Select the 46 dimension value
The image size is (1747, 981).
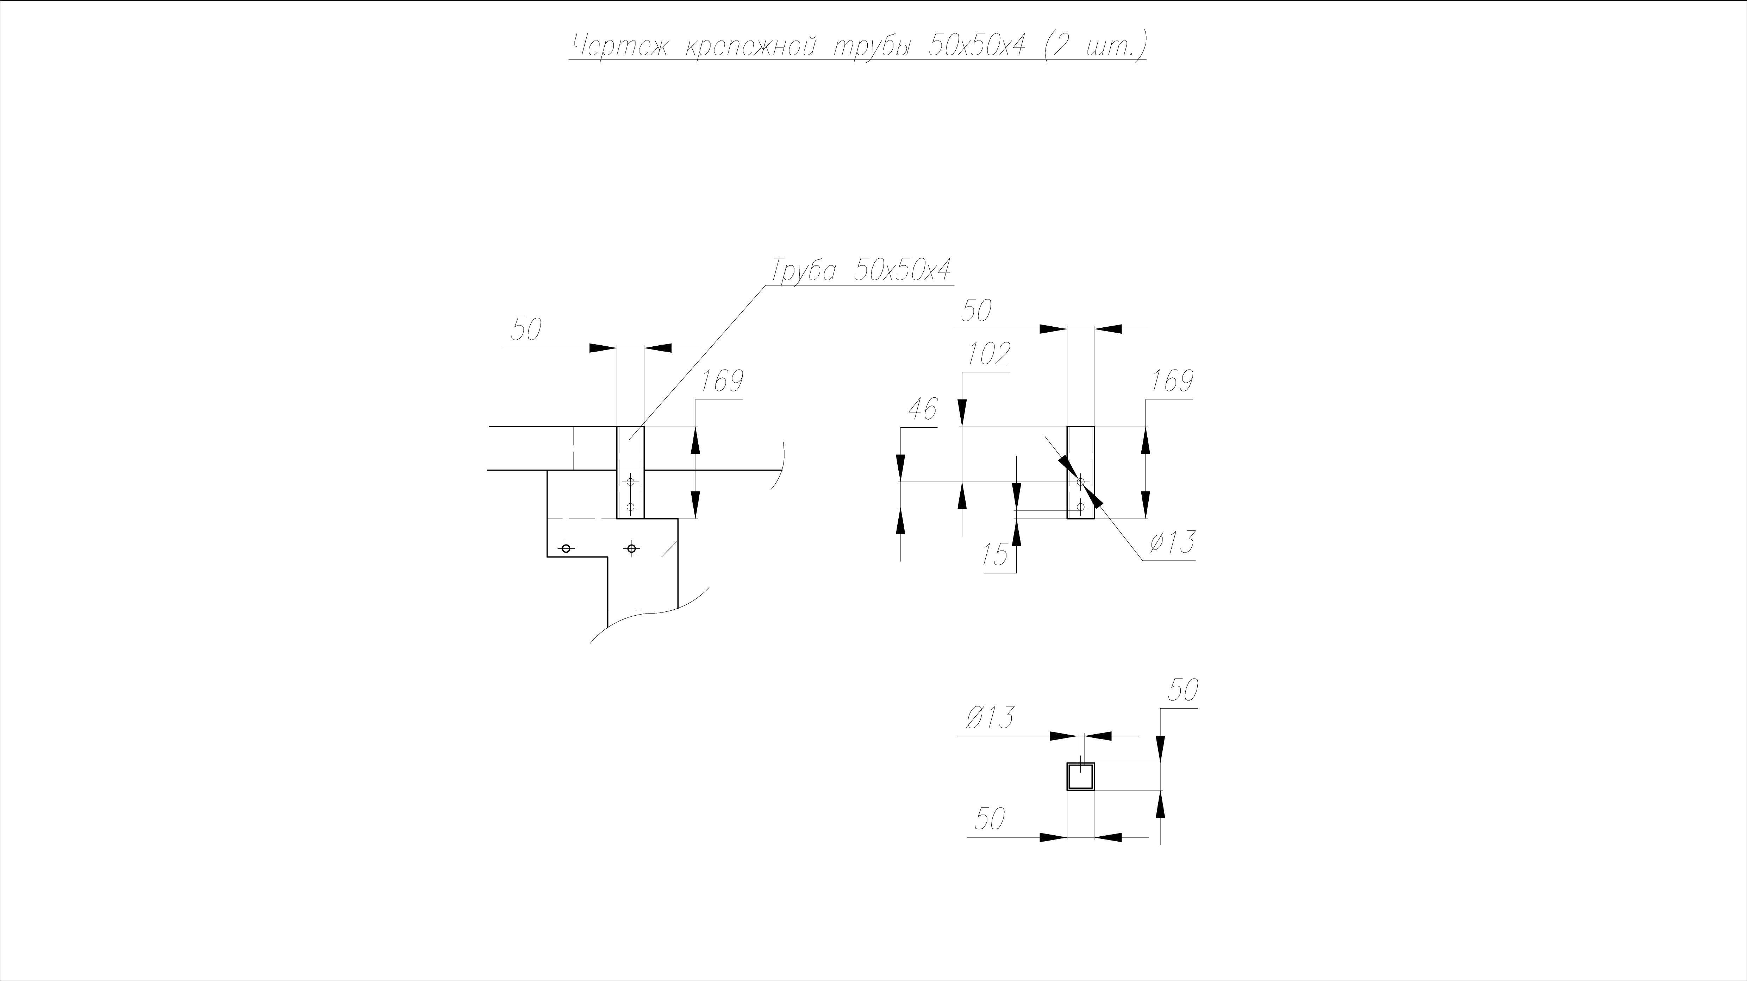[x=922, y=409]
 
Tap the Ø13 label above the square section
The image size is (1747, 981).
[x=987, y=717]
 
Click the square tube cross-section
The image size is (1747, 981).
[x=1081, y=776]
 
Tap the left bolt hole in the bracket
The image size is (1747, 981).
[x=566, y=548]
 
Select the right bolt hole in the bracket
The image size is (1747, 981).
[x=631, y=548]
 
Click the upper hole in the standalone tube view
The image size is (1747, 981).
[x=1081, y=482]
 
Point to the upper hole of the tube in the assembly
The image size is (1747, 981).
[x=631, y=482]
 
